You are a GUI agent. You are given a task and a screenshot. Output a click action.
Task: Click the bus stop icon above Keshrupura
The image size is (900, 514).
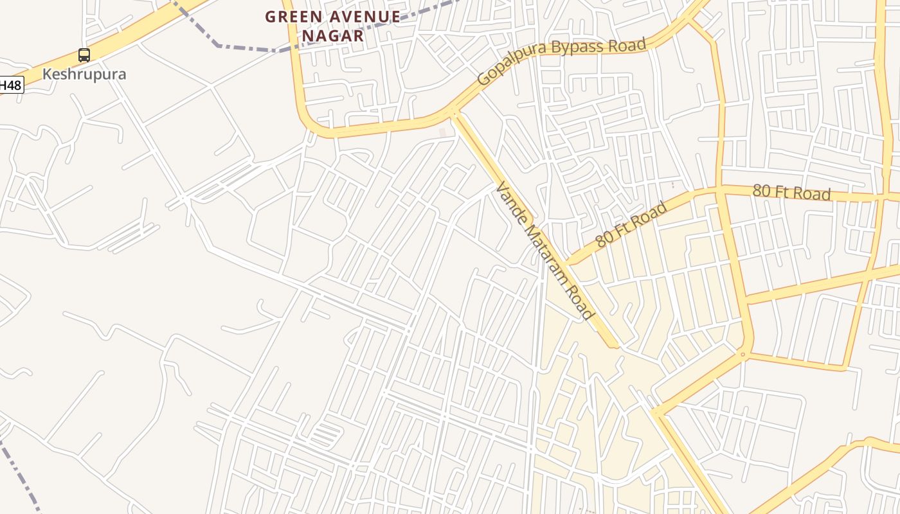84,55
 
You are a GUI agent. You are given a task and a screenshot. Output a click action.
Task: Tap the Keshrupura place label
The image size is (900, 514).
84,74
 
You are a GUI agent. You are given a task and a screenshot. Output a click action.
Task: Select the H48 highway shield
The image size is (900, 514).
11,85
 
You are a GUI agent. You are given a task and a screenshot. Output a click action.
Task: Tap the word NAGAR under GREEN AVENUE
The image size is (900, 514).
333,36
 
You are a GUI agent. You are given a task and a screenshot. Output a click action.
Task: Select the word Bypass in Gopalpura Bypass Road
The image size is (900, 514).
576,48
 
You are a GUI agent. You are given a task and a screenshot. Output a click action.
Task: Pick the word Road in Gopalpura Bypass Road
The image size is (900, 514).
626,45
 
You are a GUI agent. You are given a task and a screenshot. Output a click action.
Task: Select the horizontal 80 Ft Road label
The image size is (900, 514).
791,192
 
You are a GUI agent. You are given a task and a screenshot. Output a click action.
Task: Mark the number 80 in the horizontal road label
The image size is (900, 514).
761,191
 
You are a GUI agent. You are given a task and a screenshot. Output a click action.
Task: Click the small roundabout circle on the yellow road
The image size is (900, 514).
742,354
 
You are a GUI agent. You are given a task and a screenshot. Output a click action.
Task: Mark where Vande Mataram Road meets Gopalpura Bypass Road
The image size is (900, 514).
455,113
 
